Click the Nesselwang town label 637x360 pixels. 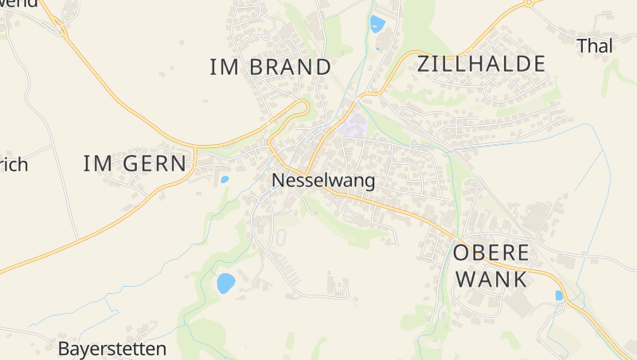[323, 181]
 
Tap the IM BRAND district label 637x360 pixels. [270, 67]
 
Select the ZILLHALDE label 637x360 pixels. [482, 64]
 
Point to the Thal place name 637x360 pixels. [595, 46]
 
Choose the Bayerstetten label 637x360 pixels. [112, 349]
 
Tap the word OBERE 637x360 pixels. [490, 253]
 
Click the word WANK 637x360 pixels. [490, 280]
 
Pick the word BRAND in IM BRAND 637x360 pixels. [290, 67]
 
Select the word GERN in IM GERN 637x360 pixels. [157, 164]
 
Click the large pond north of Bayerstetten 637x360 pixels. [226, 283]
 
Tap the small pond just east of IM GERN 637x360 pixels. [225, 180]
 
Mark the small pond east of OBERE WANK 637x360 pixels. [559, 295]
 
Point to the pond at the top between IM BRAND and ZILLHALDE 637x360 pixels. [377, 24]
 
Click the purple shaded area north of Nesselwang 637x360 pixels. [354, 126]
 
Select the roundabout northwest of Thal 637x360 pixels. [528, 3]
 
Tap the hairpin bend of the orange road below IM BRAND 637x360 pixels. [304, 106]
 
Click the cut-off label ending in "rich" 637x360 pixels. [13, 165]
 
